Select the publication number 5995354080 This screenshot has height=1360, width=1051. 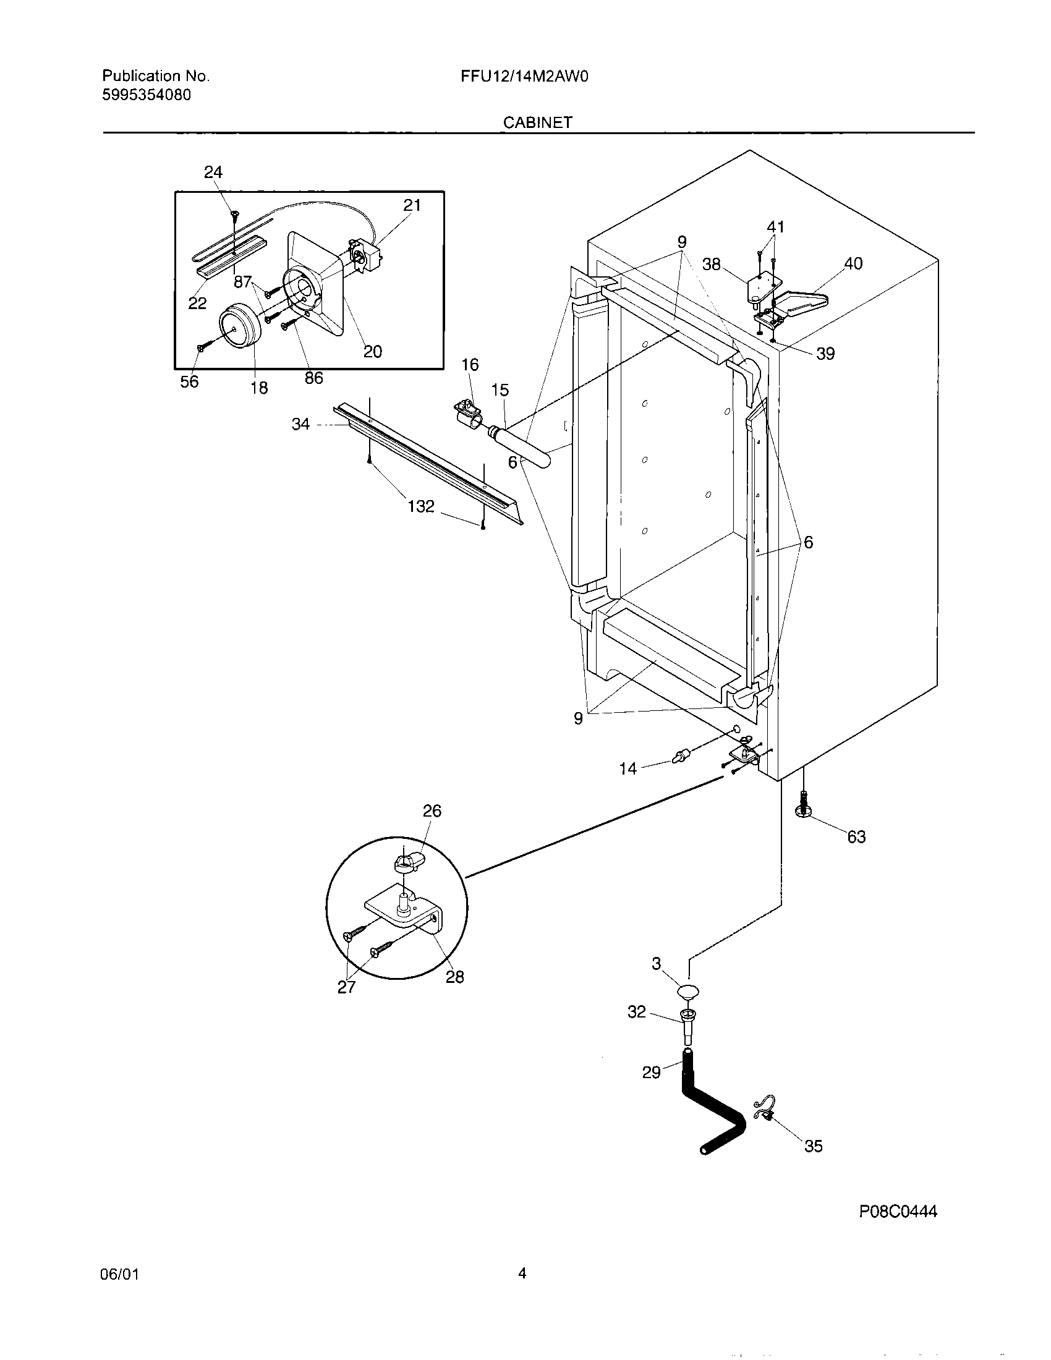(x=147, y=95)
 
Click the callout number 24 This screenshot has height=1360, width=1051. (x=213, y=172)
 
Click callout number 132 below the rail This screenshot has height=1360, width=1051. (x=421, y=506)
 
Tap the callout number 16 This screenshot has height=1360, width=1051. (x=469, y=364)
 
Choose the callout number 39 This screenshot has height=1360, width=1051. (x=825, y=354)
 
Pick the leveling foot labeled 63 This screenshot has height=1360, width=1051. (x=804, y=811)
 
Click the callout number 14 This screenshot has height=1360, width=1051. (x=628, y=769)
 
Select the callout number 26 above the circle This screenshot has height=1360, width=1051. (x=432, y=811)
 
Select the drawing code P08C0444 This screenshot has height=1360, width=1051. (x=898, y=1211)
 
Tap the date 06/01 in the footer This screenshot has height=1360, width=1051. (x=119, y=1275)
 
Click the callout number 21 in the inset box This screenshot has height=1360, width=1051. (x=412, y=205)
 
